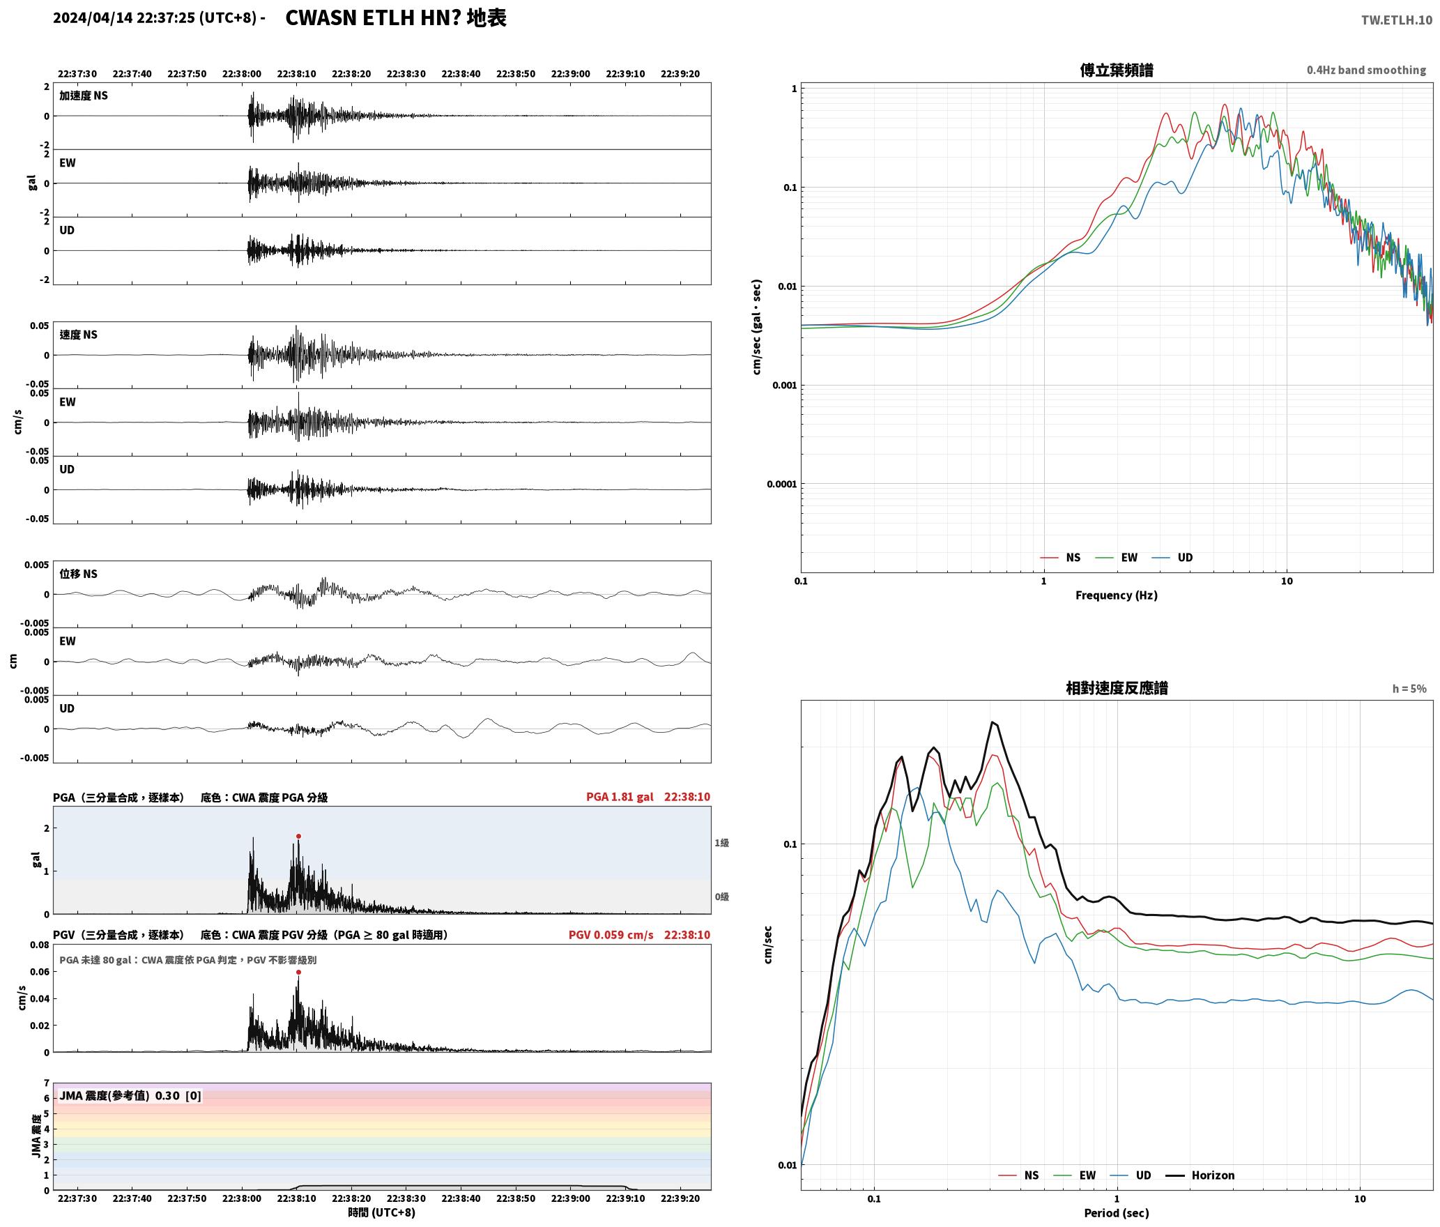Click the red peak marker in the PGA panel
(298, 836)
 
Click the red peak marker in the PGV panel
(298, 972)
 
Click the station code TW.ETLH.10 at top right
(1397, 20)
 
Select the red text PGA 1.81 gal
(620, 797)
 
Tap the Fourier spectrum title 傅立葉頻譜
(1117, 70)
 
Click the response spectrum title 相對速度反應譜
(1117, 688)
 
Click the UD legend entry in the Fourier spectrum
(1185, 558)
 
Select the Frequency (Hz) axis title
(1117, 595)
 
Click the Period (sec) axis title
(1117, 1213)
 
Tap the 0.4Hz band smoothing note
(1366, 70)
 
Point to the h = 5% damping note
(1409, 689)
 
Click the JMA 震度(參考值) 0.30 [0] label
(130, 1095)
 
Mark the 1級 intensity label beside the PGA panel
(721, 843)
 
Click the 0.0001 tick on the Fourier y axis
(781, 484)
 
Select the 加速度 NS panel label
(84, 96)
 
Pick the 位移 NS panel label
(78, 574)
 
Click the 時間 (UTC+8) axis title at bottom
(382, 1212)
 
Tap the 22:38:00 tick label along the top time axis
(242, 74)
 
